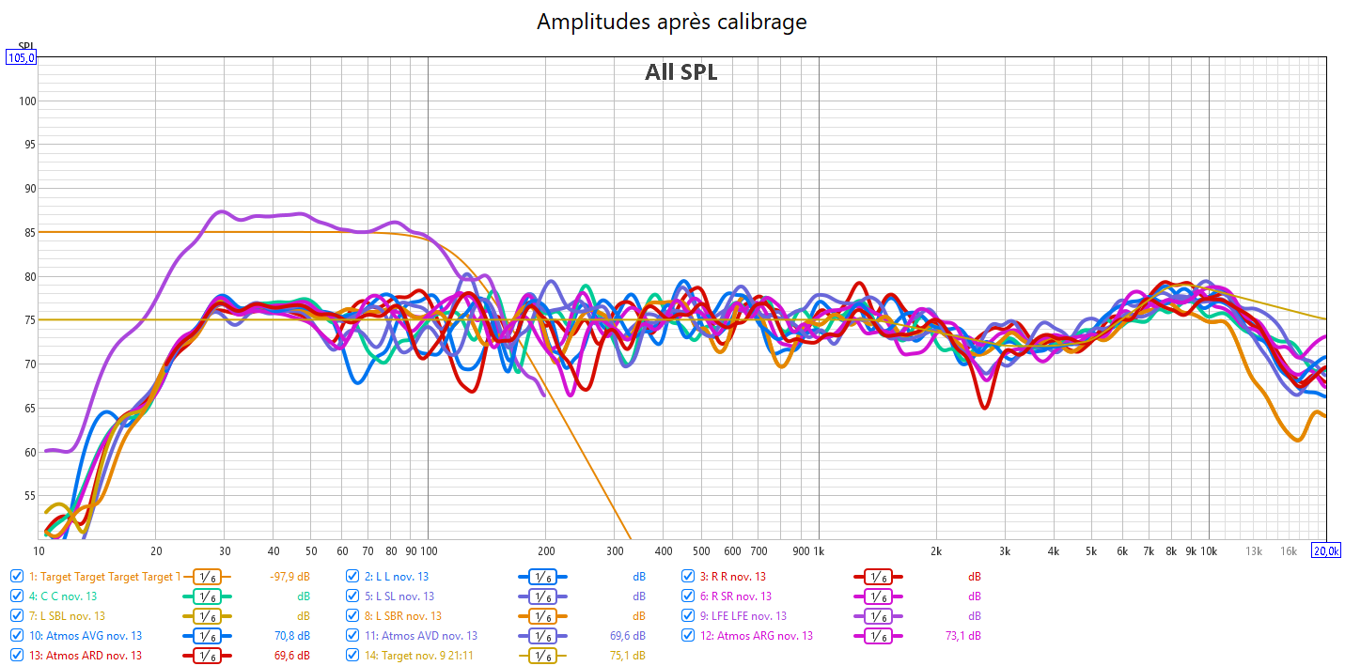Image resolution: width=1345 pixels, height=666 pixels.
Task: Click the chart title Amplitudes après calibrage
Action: pos(671,22)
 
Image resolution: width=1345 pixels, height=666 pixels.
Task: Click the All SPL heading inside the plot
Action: pos(680,72)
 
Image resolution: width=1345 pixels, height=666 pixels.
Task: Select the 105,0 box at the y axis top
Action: pos(21,57)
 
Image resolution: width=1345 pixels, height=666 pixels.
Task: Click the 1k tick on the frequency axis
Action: pos(818,550)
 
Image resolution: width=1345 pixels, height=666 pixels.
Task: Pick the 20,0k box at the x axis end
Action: pos(1325,550)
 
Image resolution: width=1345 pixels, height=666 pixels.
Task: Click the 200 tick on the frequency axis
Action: pos(545,550)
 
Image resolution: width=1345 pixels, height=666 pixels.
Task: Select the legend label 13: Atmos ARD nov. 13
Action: pos(86,656)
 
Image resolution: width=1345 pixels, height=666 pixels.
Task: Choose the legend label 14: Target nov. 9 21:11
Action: pos(418,656)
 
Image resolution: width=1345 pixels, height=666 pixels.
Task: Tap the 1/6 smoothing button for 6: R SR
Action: pos(877,596)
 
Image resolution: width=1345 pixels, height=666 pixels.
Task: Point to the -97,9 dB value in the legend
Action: pos(290,577)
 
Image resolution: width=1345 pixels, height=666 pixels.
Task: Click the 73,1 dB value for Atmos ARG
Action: pos(964,636)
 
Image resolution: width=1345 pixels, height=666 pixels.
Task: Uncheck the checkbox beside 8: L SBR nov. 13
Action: pos(352,616)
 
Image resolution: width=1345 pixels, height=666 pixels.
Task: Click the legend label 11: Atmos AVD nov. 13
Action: pos(420,636)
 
